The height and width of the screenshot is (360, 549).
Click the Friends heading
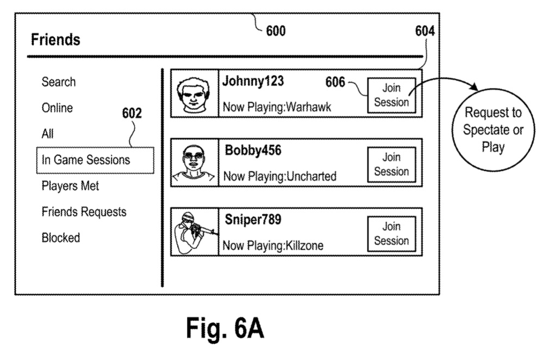pos(55,40)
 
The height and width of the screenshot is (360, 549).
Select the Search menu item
pos(59,82)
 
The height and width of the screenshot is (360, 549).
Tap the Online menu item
pos(57,108)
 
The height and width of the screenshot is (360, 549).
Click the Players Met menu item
pos(70,186)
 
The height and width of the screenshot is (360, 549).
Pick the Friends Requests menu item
pos(84,212)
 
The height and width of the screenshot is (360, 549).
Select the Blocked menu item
pos(61,238)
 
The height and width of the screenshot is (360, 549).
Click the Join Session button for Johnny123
pos(391,95)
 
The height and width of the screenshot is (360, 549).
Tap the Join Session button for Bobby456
pos(391,164)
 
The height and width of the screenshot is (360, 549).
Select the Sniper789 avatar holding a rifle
pos(195,232)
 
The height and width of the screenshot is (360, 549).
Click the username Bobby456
pos(253,151)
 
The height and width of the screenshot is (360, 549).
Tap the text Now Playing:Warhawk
pos(277,107)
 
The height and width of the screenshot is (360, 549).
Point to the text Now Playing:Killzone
pos(273,246)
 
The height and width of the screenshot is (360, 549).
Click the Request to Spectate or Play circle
pos(492,131)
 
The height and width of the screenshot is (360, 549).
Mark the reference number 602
pos(132,114)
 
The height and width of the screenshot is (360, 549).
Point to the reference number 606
pos(335,82)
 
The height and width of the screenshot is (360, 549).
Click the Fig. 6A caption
pos(225,328)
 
